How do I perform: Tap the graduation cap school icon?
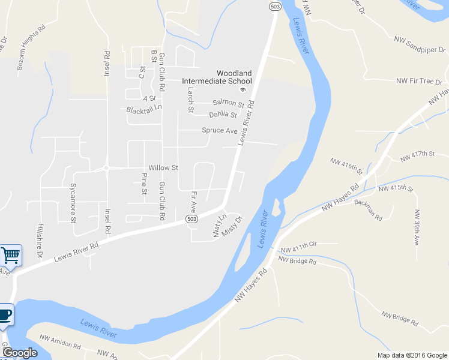pos(243,91)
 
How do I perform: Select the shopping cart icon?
pos(10,256)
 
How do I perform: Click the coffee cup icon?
pos(5,315)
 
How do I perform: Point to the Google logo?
pos(19,353)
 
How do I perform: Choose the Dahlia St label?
pos(223,115)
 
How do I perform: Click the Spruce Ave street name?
pos(220,130)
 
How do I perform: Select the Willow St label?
pos(163,168)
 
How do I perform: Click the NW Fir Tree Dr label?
pos(419,81)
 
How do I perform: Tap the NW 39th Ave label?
pos(417,227)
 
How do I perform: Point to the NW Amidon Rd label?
pos(60,345)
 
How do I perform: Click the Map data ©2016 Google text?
pos(412,355)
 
